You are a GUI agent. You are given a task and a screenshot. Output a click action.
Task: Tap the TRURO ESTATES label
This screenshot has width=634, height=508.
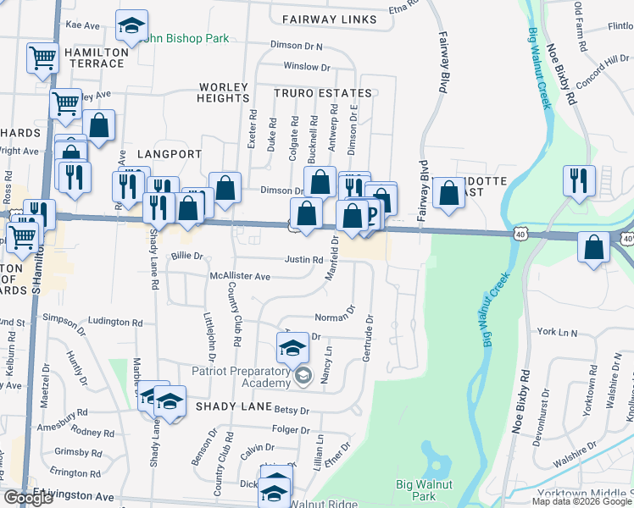pos(322,93)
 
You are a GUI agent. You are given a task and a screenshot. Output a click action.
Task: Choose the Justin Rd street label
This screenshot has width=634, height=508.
pos(303,260)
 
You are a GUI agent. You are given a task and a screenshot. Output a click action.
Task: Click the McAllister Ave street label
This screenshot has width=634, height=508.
pos(240,277)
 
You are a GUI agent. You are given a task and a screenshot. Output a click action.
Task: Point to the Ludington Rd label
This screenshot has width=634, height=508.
pos(115,323)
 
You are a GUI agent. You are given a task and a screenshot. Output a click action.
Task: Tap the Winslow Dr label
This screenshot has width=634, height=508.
pos(306,66)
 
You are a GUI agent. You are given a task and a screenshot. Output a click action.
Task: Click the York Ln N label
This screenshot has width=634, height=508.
pos(556,333)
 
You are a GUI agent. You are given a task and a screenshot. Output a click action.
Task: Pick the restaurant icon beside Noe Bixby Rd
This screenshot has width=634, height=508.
pos(580,180)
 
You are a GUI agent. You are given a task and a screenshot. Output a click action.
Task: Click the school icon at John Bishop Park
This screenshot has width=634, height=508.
pos(131,27)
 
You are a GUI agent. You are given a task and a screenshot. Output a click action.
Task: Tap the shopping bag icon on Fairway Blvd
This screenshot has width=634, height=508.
pos(448,193)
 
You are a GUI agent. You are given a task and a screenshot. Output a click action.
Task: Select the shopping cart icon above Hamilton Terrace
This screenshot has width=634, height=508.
pos(42,58)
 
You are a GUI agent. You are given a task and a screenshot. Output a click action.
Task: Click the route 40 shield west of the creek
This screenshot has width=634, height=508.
pos(520,232)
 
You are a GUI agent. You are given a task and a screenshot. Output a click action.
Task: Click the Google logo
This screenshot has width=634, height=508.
pos(28,498)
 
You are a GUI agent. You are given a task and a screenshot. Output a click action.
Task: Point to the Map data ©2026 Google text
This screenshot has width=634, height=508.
pos(581,501)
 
